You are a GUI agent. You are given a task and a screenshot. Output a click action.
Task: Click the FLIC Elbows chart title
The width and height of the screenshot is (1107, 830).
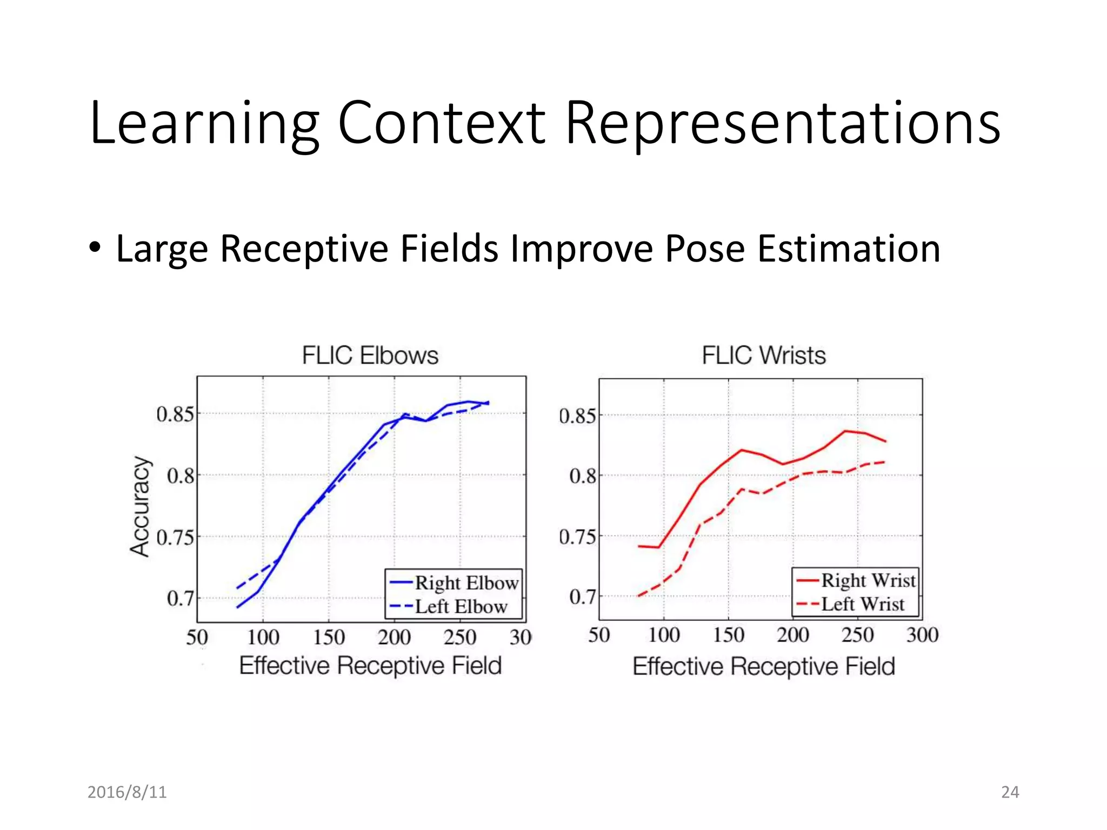(370, 356)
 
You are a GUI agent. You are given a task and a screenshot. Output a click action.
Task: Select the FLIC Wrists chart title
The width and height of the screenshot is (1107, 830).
(763, 356)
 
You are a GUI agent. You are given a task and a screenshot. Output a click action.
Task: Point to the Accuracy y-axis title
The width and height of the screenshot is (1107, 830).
(140, 506)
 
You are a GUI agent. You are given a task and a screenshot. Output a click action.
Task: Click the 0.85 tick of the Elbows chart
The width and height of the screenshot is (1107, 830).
(174, 414)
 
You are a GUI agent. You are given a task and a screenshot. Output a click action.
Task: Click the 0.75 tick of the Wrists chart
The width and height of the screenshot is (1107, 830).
(577, 537)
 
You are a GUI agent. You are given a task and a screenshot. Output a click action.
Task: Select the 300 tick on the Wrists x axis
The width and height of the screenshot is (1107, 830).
(922, 635)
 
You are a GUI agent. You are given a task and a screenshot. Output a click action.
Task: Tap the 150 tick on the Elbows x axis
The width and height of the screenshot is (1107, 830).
(329, 638)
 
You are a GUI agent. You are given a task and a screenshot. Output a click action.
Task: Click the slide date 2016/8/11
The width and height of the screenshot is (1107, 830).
(127, 792)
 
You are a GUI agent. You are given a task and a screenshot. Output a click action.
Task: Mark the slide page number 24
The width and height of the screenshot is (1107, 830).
(1010, 792)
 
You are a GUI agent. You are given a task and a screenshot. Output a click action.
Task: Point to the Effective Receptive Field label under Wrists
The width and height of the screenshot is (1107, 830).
(763, 666)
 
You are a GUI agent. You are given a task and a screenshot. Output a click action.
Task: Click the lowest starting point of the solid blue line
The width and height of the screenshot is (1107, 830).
(238, 607)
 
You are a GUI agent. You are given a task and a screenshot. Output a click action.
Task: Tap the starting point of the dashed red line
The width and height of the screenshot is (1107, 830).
(639, 596)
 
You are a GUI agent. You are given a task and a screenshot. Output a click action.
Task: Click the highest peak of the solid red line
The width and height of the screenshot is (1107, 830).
(845, 431)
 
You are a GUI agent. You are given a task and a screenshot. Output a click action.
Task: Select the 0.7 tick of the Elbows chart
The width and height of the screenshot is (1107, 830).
(179, 599)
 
